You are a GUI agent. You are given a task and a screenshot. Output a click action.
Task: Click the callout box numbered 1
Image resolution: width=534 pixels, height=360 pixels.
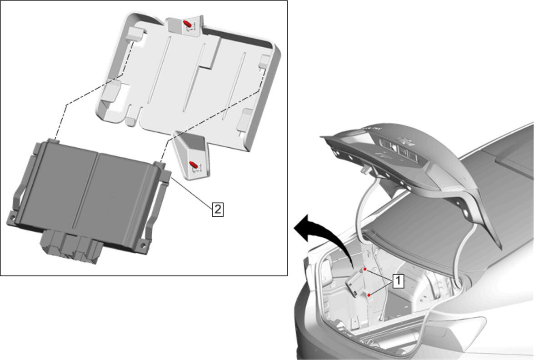point(399,281)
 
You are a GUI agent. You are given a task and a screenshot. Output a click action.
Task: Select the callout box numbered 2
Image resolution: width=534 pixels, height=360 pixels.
point(218,209)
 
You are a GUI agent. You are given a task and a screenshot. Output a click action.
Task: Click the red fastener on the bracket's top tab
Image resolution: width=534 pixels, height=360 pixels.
point(187,24)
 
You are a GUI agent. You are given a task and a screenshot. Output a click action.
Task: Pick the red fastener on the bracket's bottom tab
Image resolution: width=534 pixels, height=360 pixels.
point(193,164)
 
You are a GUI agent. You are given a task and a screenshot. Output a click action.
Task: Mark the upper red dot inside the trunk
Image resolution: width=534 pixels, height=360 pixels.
point(365,269)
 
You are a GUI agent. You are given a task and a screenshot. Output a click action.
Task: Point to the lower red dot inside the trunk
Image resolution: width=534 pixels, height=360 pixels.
point(369,295)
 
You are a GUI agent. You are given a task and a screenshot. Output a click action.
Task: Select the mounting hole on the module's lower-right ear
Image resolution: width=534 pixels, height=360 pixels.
point(143,245)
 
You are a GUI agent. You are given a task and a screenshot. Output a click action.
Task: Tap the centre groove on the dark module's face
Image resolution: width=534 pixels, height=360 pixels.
point(85,191)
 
